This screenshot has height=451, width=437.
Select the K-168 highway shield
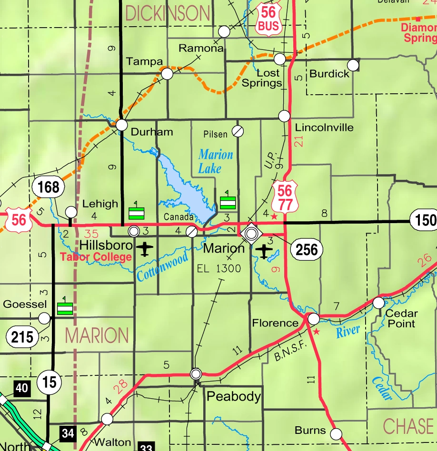49,187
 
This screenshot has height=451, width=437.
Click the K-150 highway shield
423,220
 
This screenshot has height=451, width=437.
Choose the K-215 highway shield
22,337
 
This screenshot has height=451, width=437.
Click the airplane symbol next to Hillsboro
145,248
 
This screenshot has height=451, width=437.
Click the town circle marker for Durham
122,125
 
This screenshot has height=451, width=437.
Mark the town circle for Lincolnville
284,116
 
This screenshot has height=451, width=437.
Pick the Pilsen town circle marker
238,131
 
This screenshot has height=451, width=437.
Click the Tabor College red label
96,257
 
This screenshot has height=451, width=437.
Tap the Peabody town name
233,396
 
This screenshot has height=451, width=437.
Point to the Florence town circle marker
313,318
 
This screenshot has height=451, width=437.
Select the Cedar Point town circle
378,303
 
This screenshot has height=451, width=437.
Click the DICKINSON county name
167,13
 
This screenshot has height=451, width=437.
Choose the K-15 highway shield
49,382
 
